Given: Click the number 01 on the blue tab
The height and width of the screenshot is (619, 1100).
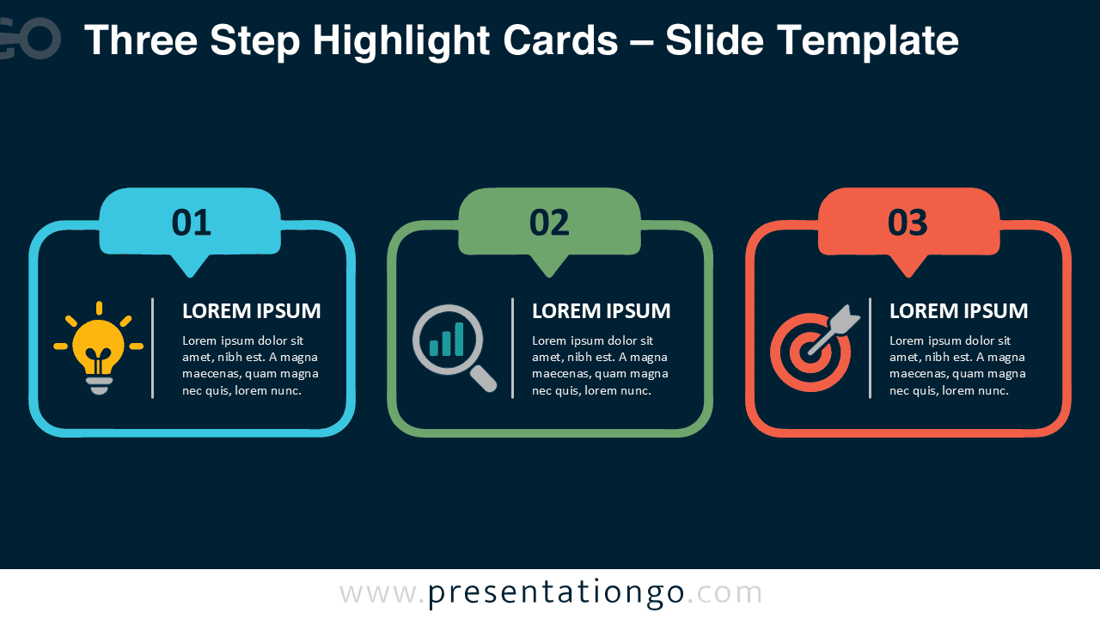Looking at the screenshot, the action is (191, 223).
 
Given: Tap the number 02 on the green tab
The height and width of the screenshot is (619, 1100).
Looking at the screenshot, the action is (549, 223).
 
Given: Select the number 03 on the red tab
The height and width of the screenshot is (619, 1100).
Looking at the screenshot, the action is (907, 223).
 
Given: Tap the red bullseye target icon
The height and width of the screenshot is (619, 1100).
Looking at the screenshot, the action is (815, 349).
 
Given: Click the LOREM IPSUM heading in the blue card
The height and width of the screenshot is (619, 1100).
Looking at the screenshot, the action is (252, 311).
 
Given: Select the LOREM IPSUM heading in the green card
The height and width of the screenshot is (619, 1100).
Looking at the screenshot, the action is (601, 311).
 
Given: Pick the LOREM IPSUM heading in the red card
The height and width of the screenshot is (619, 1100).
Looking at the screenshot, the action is (958, 311).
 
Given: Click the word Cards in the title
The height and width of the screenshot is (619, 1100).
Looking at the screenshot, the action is (560, 40).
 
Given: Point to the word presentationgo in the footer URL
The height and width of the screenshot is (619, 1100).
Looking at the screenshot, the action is (556, 593).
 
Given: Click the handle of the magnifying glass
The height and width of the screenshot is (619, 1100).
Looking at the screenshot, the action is (483, 379).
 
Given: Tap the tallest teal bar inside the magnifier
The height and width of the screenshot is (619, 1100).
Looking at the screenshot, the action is (459, 339).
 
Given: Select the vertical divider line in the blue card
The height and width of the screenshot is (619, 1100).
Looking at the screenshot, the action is (153, 348).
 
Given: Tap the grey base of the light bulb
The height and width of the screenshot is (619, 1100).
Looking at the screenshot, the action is (99, 385).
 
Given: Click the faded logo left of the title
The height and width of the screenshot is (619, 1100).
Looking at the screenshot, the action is (30, 39).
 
